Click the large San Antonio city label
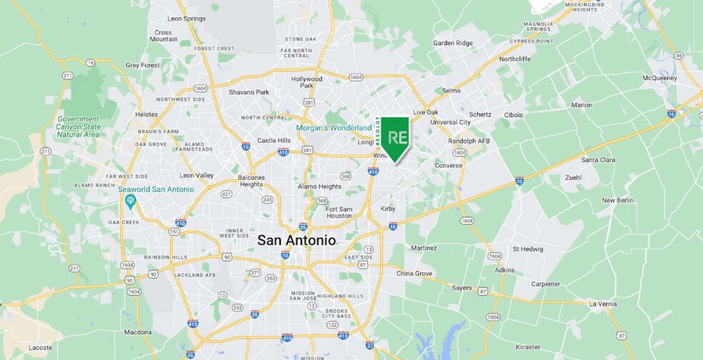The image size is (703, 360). (296, 241)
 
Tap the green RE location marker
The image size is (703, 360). (395, 138)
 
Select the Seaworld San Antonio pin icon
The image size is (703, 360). (130, 201)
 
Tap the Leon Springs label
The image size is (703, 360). (186, 18)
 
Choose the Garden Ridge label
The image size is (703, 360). (453, 43)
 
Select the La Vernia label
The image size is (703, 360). (602, 304)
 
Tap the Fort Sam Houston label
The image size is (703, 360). (339, 211)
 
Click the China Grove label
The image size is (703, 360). (415, 274)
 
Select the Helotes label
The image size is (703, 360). (146, 114)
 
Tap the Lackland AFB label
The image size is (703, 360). (195, 275)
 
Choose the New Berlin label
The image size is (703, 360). (618, 201)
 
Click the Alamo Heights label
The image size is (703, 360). (319, 186)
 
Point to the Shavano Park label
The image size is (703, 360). (249, 92)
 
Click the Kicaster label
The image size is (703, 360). (528, 346)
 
